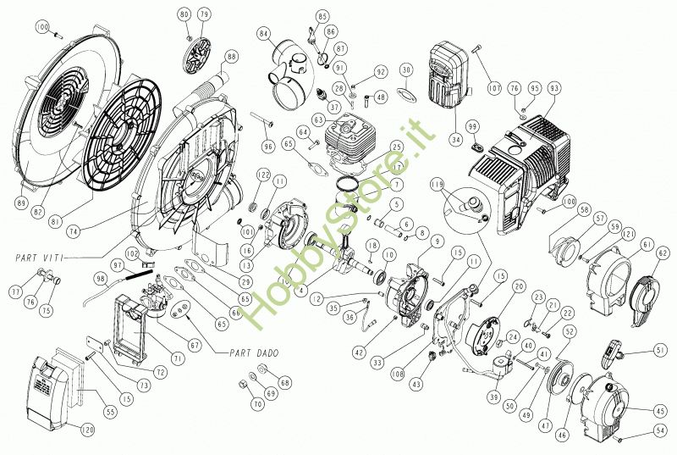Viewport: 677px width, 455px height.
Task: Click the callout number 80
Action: coord(184,15)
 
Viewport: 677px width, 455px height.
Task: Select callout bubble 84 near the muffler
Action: coord(266,35)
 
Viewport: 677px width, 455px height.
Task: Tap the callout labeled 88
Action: coord(232,57)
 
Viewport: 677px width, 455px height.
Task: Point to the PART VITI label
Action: coord(40,255)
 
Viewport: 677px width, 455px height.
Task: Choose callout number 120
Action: coord(87,430)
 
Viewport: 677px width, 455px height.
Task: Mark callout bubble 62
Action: coord(663,252)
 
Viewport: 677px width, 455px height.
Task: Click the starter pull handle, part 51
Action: coord(615,348)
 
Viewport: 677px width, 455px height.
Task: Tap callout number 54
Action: coord(660,431)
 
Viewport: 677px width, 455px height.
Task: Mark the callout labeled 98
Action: coord(101,278)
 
